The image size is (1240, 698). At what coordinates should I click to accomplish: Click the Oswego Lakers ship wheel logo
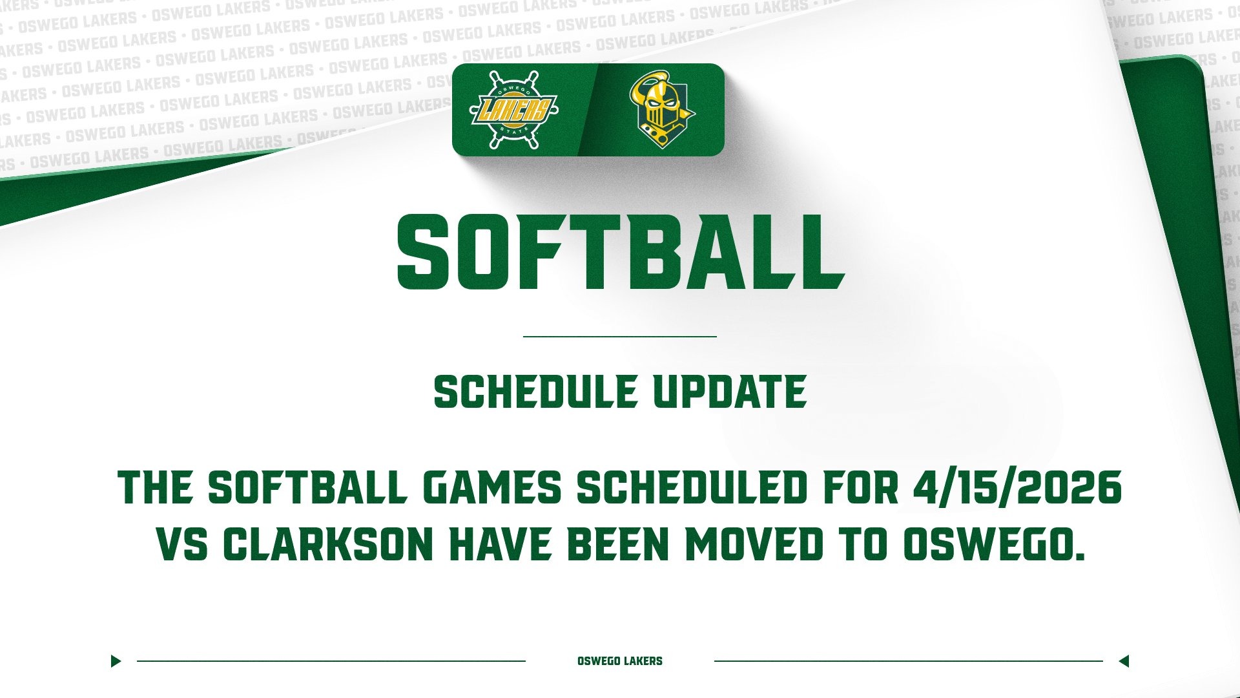coord(513,109)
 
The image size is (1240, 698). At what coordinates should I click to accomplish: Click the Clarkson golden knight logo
coord(660,109)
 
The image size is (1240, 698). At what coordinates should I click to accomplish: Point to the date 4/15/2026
coord(1017,487)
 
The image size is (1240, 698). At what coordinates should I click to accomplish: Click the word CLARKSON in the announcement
coord(327,545)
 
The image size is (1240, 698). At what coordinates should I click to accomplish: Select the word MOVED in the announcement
coord(754,545)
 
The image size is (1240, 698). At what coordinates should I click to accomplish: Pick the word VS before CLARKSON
coord(182,545)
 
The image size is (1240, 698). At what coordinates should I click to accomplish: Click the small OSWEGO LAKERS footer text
coord(620,661)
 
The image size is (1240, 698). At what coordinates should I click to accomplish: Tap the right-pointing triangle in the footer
coord(116,661)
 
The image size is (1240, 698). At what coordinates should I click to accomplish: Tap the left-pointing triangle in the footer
coord(1124,661)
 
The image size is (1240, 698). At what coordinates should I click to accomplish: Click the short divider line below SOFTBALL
coord(620,337)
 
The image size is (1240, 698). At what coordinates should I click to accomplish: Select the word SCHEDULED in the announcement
coord(692,487)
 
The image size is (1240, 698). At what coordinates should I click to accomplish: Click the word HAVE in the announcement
coord(501,545)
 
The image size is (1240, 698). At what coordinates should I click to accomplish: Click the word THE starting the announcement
coord(156,487)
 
